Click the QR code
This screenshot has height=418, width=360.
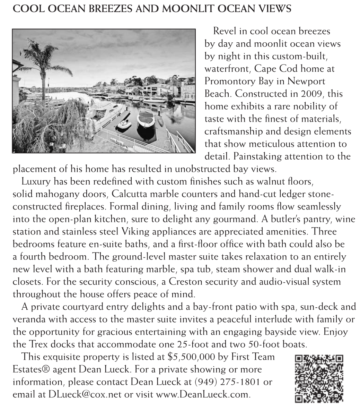click(319, 378)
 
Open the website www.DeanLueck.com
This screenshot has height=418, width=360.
click(202, 395)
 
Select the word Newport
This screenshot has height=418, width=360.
click(309, 81)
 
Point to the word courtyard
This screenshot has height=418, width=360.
click(83, 307)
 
